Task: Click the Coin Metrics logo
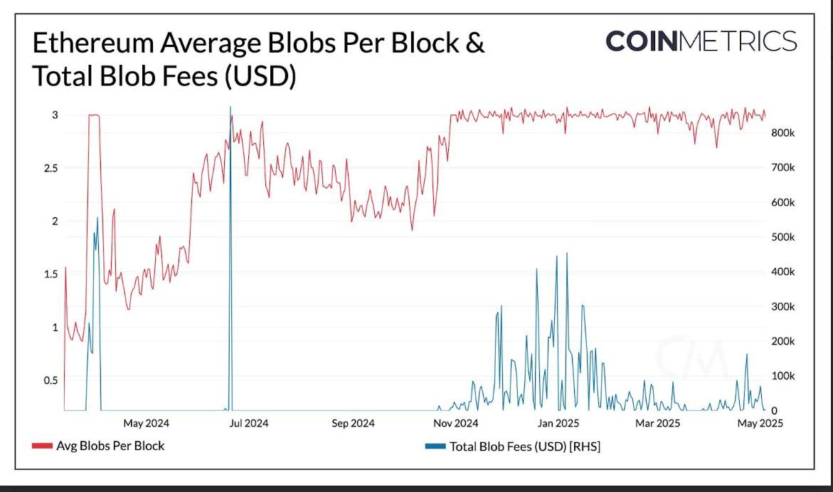pyautogui.click(x=701, y=41)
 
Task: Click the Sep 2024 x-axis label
pyautogui.click(x=354, y=424)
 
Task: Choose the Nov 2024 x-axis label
pyautogui.click(x=456, y=424)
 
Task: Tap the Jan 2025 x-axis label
pyautogui.click(x=558, y=424)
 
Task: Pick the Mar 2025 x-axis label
pyautogui.click(x=658, y=424)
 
